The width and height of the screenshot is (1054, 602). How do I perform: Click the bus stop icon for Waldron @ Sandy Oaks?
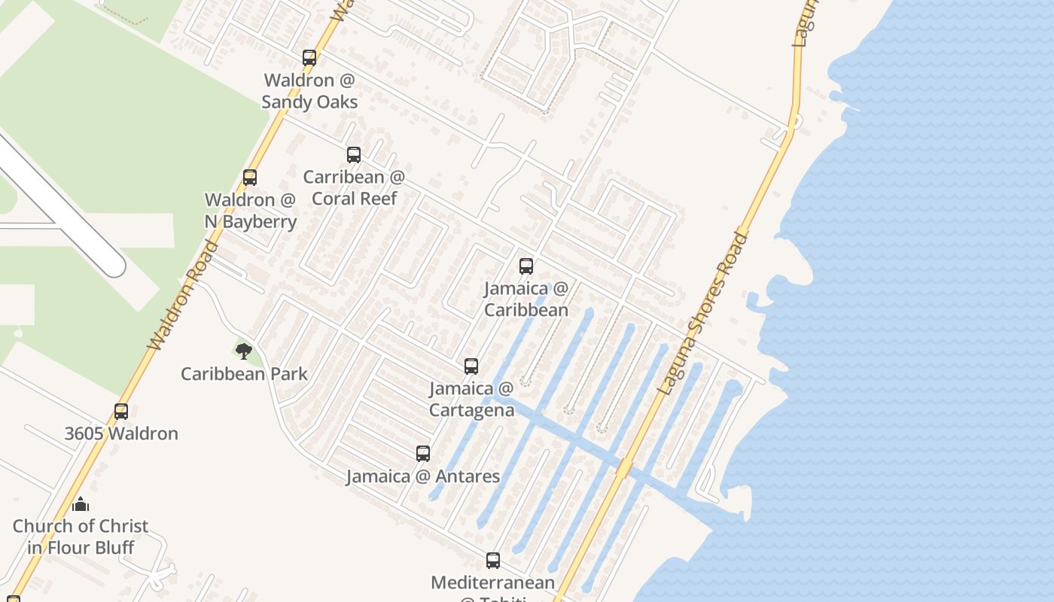pos(309,57)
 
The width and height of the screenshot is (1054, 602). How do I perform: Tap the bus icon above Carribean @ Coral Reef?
pos(354,155)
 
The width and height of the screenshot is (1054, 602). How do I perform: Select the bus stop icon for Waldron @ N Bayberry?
pos(250,178)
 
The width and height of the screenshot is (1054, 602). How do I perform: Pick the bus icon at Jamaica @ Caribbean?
pos(526,266)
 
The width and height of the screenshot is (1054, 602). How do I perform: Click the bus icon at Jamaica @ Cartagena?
pos(471,366)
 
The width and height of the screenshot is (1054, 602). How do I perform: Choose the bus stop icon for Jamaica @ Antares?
pos(423,454)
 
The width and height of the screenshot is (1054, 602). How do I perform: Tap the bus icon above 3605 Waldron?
pos(121,412)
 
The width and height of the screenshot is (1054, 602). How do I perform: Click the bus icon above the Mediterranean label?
pos(493,561)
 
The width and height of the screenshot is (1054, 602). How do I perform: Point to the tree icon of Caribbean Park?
pos(243,351)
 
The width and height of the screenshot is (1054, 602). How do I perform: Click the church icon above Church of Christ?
pos(81,504)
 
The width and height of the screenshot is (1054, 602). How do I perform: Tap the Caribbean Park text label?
pos(244,373)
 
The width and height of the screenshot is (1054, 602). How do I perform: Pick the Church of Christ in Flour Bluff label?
pos(81,537)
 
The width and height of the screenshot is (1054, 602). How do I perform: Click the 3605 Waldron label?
pos(121,433)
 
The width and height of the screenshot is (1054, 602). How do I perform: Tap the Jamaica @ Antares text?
pos(423,476)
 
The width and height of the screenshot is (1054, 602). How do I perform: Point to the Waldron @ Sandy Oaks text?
pos(309,90)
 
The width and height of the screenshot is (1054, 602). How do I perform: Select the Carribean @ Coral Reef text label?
pos(354,187)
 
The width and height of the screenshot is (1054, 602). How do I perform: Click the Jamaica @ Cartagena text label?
pos(472,399)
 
